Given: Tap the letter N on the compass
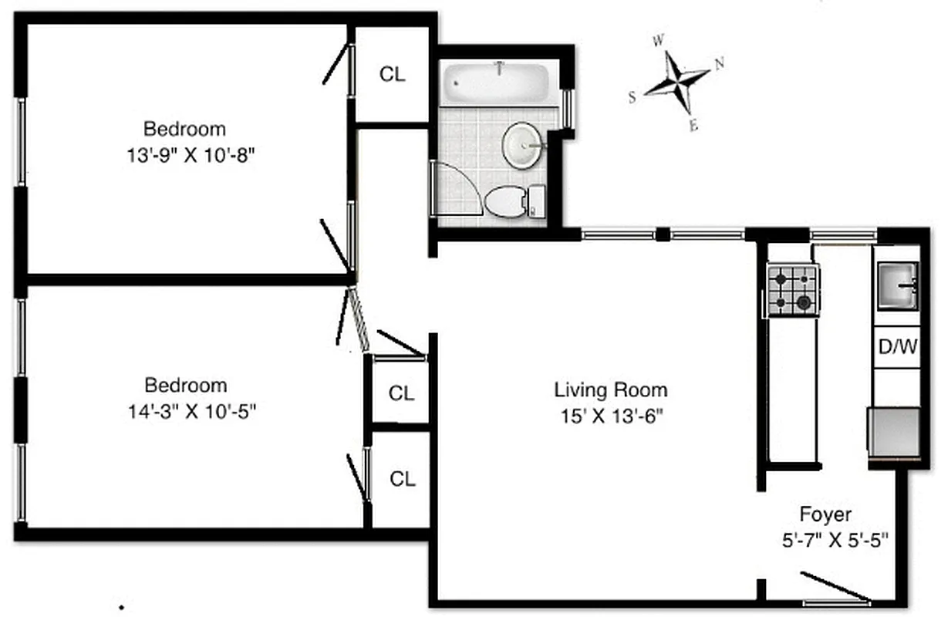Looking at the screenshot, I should point(720,64).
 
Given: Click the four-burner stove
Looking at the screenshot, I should point(793,290).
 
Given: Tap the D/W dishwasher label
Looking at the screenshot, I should point(897,346).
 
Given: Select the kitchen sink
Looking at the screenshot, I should point(897,285).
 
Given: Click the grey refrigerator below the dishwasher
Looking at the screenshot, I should point(895,431).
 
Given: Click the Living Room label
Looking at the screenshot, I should point(610,390).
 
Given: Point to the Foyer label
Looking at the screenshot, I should point(825,514).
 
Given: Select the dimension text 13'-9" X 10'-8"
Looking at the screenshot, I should point(191,154).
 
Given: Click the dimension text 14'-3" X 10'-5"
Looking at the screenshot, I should point(192,411).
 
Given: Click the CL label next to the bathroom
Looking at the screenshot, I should point(392,74).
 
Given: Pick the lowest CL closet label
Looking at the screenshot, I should point(402,479).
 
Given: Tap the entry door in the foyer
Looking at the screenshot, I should point(835,588).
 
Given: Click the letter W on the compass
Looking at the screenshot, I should point(658,41).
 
